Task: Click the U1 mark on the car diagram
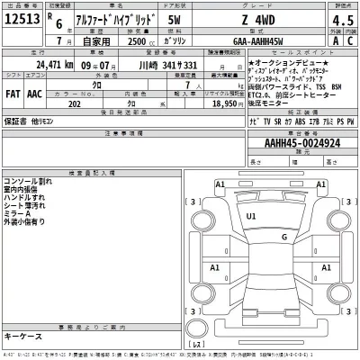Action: click(x=251, y=217)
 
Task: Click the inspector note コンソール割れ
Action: click(x=31, y=180)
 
